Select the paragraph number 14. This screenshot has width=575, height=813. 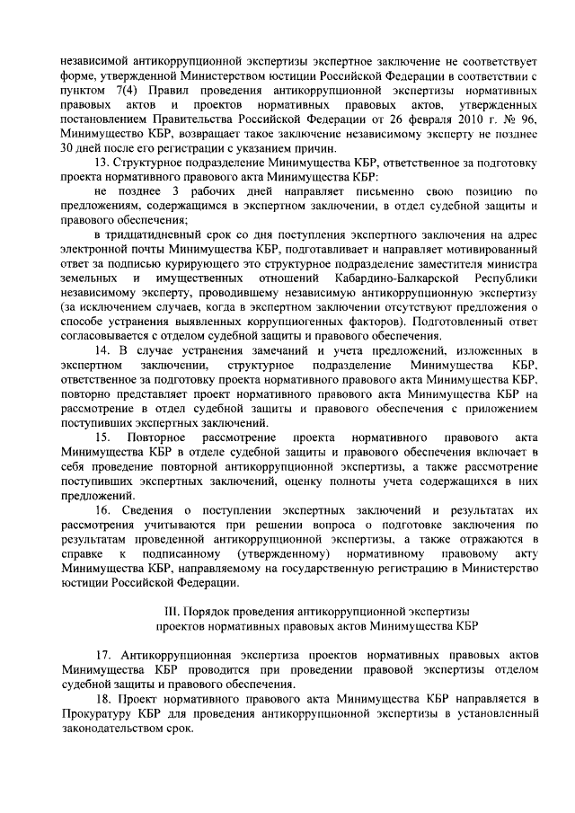pos(102,349)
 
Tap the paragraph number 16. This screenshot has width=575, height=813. pos(102,510)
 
